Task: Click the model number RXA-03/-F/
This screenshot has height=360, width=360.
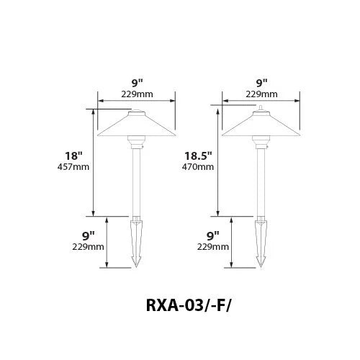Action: pyautogui.click(x=189, y=305)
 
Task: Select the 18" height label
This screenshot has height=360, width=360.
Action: pyautogui.click(x=73, y=156)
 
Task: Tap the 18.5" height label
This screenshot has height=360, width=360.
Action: pyautogui.click(x=198, y=156)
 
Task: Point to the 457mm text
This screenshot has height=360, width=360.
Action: pyautogui.click(x=73, y=167)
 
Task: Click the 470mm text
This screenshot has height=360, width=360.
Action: pyautogui.click(x=198, y=167)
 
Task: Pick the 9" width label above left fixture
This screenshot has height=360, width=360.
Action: pyautogui.click(x=137, y=83)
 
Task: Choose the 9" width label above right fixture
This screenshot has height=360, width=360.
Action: pyautogui.click(x=261, y=83)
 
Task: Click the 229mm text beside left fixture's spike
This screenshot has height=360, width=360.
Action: pyautogui.click(x=88, y=247)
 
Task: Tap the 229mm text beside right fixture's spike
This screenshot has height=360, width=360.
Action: pyautogui.click(x=213, y=247)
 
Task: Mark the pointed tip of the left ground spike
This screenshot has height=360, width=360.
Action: pyautogui.click(x=136, y=267)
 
